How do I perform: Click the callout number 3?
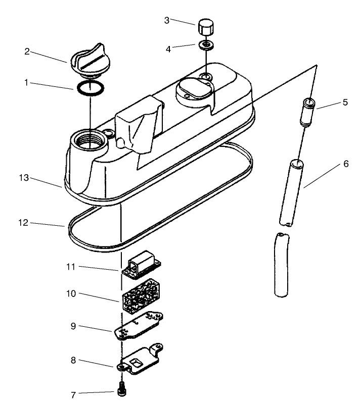tap(167, 20)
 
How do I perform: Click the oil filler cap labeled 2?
tap(88, 62)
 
